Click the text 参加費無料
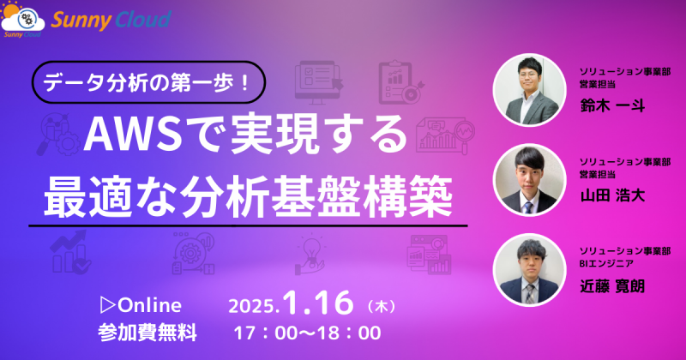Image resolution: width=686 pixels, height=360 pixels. [x=147, y=329]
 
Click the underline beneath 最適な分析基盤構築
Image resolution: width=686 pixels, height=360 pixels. [x=249, y=226]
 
